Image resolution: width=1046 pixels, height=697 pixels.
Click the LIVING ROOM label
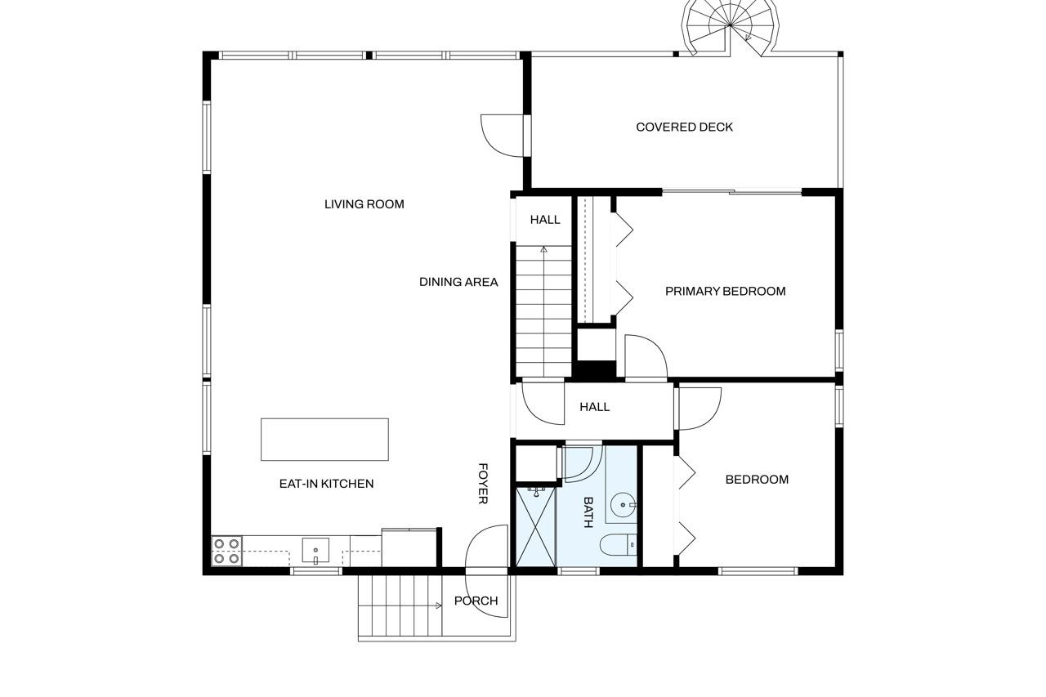[x=364, y=204]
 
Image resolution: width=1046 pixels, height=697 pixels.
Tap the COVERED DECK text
[x=684, y=127]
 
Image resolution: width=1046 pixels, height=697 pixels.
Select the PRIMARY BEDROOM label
[x=725, y=292]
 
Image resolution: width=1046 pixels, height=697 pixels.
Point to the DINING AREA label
[x=458, y=282]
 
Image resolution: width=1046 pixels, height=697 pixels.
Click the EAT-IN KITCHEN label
[x=326, y=484]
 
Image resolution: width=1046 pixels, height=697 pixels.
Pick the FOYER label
[x=483, y=484]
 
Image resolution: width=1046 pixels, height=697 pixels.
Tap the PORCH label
[x=476, y=601]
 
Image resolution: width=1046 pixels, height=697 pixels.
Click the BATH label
[x=588, y=512]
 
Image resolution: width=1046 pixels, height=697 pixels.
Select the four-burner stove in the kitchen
[x=226, y=551]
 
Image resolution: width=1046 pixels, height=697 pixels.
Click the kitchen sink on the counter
[x=315, y=551]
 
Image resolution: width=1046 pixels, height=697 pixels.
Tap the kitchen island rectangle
[x=324, y=440]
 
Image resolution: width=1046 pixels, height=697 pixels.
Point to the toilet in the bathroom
[x=618, y=545]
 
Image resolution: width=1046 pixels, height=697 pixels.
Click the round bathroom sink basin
[x=623, y=505]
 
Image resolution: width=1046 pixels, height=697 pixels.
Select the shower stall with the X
[x=535, y=526]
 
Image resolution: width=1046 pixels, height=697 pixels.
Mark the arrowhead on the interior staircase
[x=543, y=250]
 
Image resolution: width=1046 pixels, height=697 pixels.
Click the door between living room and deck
[x=503, y=136]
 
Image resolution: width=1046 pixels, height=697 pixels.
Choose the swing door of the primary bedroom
[x=646, y=356]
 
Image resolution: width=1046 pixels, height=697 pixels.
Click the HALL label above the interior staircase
[x=545, y=220]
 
